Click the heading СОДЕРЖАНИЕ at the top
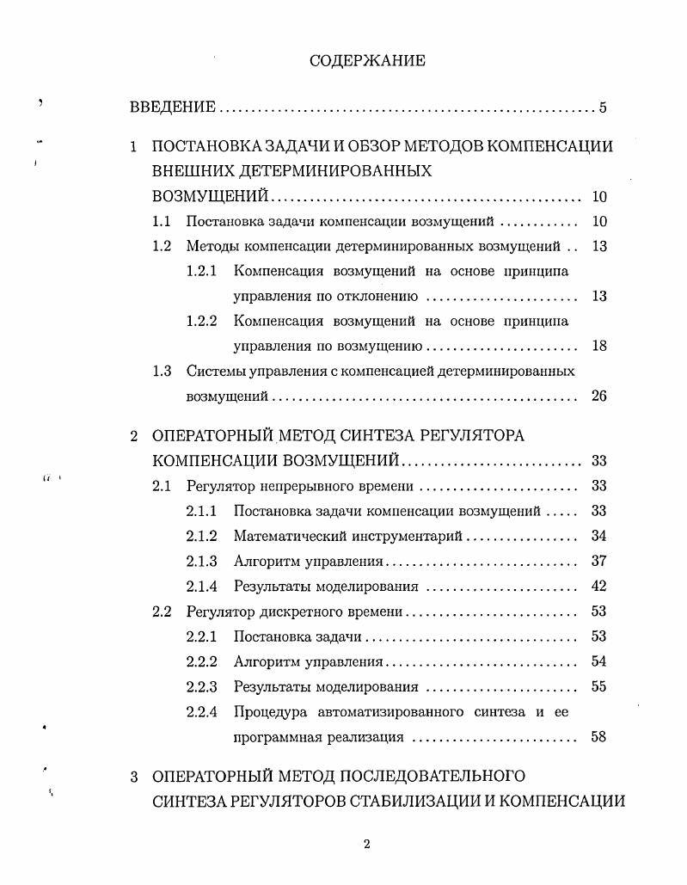(367, 61)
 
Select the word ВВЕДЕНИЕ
(172, 108)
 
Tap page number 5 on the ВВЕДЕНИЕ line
(604, 108)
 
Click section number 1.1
(163, 222)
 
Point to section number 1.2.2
(201, 321)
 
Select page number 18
(599, 347)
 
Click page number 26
(599, 397)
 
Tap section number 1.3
(163, 372)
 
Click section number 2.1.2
(201, 537)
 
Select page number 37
(599, 562)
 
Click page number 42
(599, 587)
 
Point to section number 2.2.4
(201, 712)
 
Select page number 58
(599, 738)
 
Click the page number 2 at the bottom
(367, 844)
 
